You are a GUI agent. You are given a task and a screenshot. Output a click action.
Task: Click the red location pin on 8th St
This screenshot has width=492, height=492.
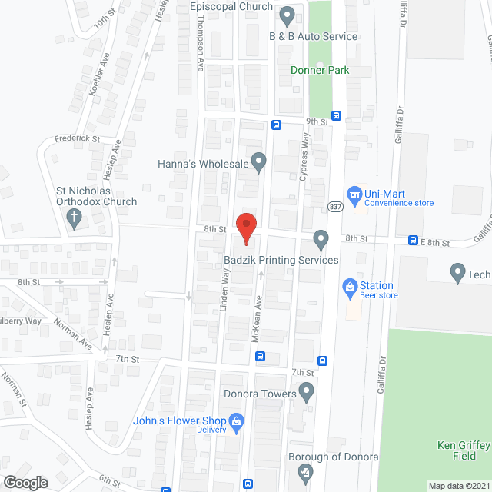pos(245,224)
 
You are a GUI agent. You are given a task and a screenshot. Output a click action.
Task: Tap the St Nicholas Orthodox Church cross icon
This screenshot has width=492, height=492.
pos(75,218)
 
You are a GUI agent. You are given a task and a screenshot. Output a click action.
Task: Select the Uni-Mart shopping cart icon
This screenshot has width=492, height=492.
pos(354,195)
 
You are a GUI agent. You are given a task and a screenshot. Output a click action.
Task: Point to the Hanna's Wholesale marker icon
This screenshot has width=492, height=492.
pos(259,161)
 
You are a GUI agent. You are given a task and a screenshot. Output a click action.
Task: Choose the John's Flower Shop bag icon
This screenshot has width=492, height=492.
pos(237,421)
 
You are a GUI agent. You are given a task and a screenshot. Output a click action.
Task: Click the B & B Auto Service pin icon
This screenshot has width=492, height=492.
pos(287,15)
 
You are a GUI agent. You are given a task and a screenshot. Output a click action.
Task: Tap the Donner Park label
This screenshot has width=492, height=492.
pos(320,70)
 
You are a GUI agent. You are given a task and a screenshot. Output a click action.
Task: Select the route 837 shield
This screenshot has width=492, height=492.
pos(335,206)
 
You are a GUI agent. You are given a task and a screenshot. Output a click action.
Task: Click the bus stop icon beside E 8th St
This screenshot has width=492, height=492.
pos(413,241)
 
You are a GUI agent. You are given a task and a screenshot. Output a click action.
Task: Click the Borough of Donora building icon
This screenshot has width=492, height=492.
pos(305,470)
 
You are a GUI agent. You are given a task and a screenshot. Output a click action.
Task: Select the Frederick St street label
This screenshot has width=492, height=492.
pos(77,138)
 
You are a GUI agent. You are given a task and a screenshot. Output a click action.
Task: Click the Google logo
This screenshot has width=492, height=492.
pos(25,482)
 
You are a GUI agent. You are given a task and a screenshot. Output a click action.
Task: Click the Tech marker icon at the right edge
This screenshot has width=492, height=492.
pos(457,272)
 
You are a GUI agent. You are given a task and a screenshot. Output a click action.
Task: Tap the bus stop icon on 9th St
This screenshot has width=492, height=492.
pos(276,124)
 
